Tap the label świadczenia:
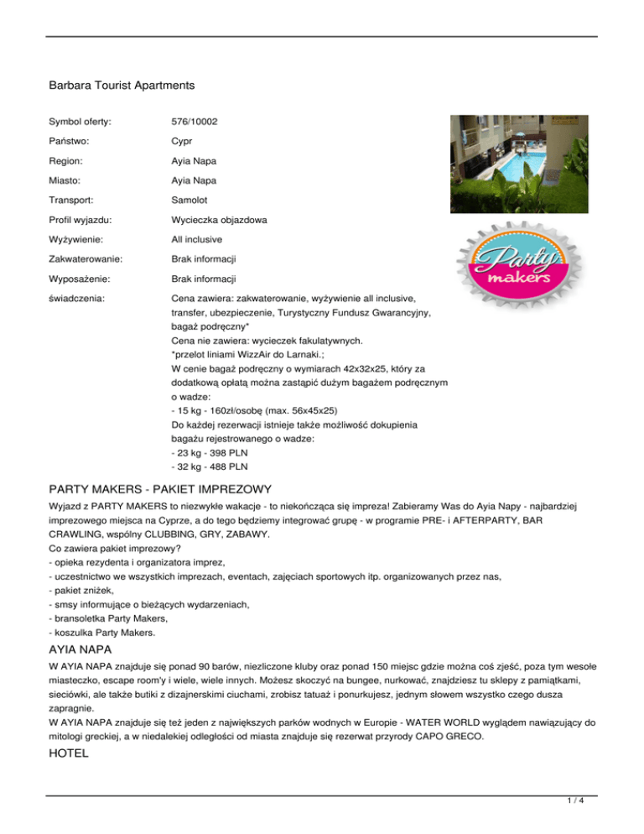(x=80, y=297)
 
